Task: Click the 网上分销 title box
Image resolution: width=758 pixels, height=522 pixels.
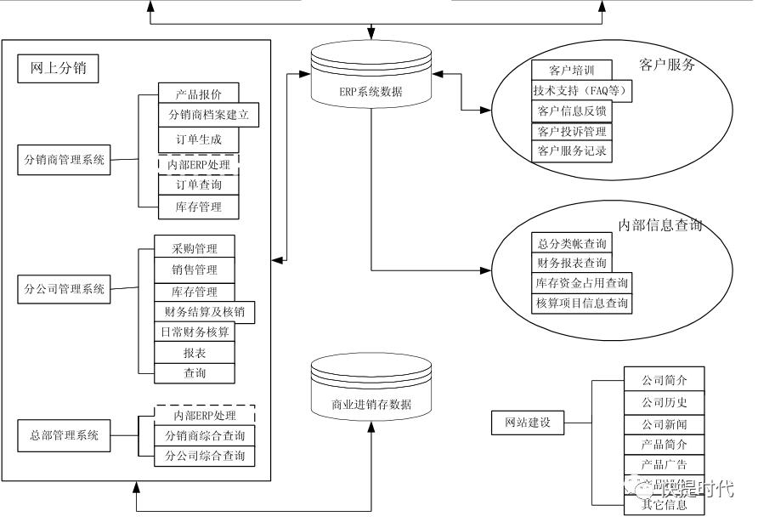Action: pyautogui.click(x=58, y=69)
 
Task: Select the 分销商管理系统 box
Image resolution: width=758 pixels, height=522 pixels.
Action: pyautogui.click(x=65, y=159)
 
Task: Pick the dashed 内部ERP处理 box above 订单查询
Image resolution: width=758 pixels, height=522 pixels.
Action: pyautogui.click(x=199, y=163)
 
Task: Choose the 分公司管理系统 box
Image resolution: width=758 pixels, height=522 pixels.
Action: pyautogui.click(x=65, y=288)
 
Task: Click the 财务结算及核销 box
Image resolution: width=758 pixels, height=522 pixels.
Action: pyautogui.click(x=204, y=311)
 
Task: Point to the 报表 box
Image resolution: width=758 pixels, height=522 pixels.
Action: pyautogui.click(x=195, y=353)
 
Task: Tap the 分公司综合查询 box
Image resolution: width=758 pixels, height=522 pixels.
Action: pyautogui.click(x=204, y=456)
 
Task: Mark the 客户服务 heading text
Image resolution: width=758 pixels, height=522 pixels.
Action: pyautogui.click(x=668, y=65)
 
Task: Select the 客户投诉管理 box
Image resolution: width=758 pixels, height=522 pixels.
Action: pyautogui.click(x=572, y=131)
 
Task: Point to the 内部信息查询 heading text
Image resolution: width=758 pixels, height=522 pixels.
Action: pyautogui.click(x=660, y=225)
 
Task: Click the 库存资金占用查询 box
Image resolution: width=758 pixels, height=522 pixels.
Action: pyautogui.click(x=582, y=282)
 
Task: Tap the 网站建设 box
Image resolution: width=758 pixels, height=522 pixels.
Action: pyautogui.click(x=528, y=423)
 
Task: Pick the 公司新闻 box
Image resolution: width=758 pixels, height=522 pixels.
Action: pyautogui.click(x=665, y=423)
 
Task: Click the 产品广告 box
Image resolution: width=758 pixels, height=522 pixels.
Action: pyautogui.click(x=665, y=464)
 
